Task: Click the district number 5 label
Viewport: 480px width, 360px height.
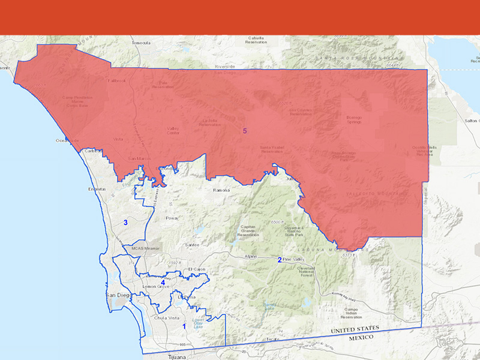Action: pyautogui.click(x=245, y=131)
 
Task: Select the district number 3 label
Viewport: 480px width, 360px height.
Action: pyautogui.click(x=125, y=223)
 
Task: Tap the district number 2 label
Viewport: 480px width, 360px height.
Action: pyautogui.click(x=280, y=260)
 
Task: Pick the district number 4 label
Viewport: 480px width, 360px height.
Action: pyautogui.click(x=163, y=282)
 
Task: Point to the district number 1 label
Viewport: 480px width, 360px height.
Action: pyautogui.click(x=184, y=326)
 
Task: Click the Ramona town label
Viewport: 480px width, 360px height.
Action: pyautogui.click(x=221, y=190)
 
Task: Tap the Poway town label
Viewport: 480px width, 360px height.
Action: pyautogui.click(x=172, y=219)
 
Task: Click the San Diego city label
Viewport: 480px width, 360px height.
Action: pyautogui.click(x=117, y=296)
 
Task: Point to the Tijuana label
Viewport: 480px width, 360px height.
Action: pyautogui.click(x=175, y=356)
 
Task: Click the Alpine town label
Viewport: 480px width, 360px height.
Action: pyautogui.click(x=250, y=256)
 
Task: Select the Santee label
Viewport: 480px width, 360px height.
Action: pyautogui.click(x=191, y=245)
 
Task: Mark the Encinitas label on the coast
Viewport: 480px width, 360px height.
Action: pyautogui.click(x=97, y=189)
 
